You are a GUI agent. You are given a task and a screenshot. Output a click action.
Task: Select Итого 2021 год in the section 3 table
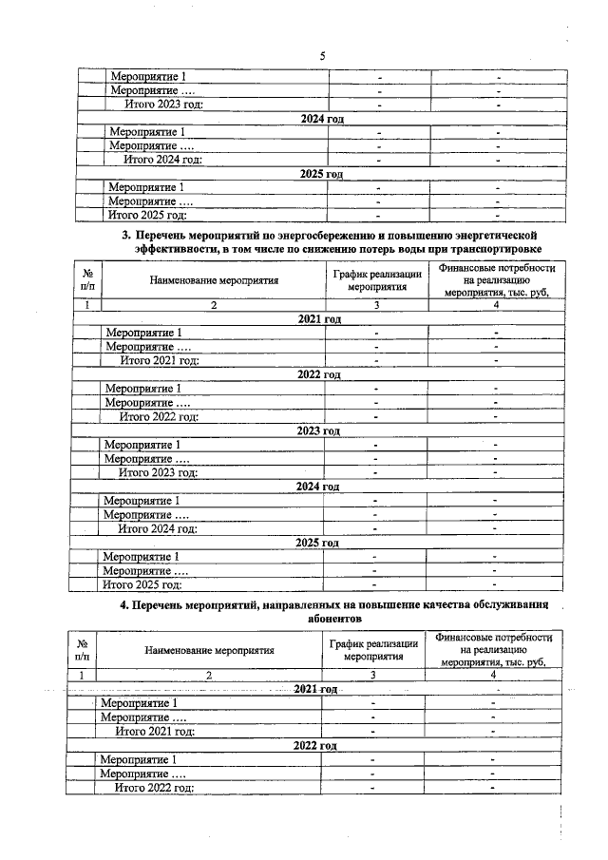pyautogui.click(x=159, y=360)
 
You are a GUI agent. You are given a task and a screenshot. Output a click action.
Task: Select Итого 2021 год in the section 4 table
pyautogui.click(x=155, y=731)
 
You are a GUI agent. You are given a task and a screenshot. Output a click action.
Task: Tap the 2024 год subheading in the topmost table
pyautogui.click(x=319, y=119)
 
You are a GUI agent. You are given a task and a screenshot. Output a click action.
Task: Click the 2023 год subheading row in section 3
pyautogui.click(x=318, y=430)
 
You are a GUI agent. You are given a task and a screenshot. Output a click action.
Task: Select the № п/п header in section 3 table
pyautogui.click(x=87, y=279)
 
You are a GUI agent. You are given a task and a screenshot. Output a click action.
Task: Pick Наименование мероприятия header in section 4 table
pyautogui.click(x=209, y=651)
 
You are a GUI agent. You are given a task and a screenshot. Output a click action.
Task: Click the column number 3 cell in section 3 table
pyautogui.click(x=376, y=305)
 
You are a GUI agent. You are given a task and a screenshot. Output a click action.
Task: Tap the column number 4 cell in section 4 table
pyautogui.click(x=492, y=675)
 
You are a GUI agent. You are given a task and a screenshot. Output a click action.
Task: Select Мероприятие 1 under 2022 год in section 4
pyautogui.click(x=139, y=759)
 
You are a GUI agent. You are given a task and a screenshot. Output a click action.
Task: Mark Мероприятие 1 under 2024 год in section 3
pyautogui.click(x=142, y=500)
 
